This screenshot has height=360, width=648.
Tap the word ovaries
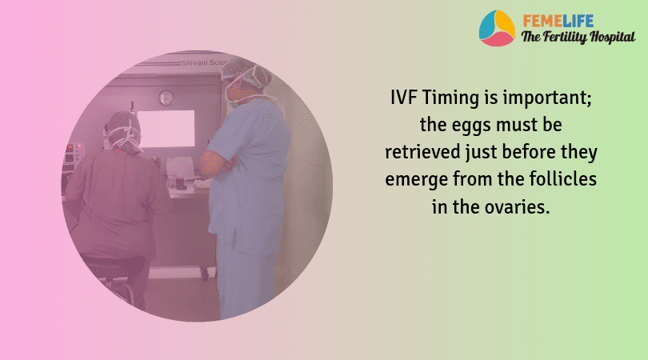click(518, 204)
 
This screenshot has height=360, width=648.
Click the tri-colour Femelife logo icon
click(497, 28)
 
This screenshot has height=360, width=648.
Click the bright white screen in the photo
click(167, 127)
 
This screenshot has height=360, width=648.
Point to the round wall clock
click(166, 98)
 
